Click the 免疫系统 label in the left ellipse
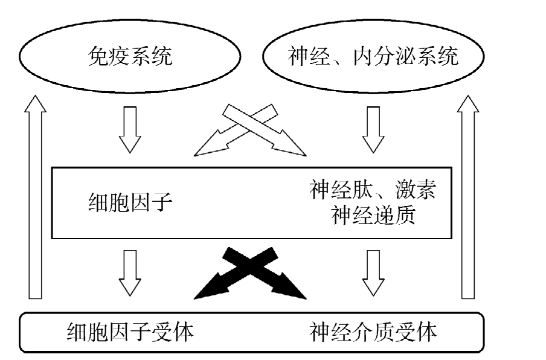pyautogui.click(x=130, y=58)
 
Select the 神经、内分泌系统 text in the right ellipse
pyautogui.click(x=373, y=58)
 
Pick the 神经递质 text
pyautogui.click(x=373, y=215)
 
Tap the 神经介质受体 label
pyautogui.click(x=373, y=331)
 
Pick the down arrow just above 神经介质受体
pyautogui.click(x=373, y=272)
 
